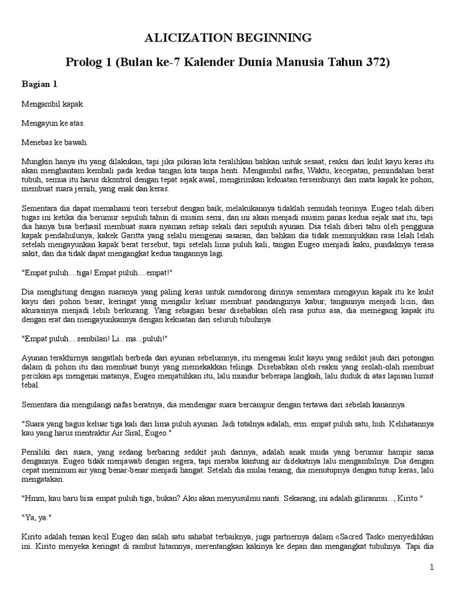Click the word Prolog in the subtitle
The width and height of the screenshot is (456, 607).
coord(85,62)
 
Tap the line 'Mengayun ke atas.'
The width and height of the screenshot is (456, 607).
coord(53,124)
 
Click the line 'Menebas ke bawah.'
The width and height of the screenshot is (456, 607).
coord(55,143)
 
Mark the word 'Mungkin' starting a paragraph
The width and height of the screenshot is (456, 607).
coord(36,161)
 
